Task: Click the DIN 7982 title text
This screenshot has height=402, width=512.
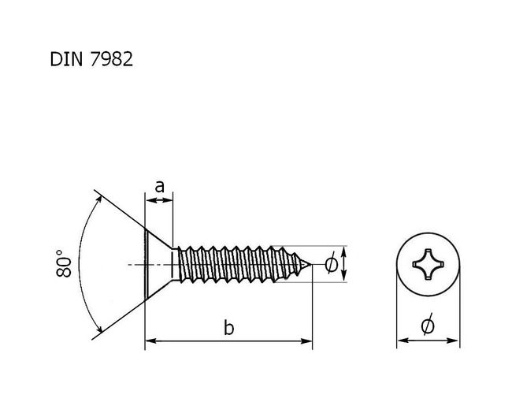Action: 91,59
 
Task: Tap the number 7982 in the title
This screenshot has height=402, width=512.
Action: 111,59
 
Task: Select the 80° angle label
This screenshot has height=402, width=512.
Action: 63,264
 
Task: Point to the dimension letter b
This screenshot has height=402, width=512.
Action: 229,327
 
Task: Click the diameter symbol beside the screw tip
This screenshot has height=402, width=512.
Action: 332,264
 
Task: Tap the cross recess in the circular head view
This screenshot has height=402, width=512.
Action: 428,264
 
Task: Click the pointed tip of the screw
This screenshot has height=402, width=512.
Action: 310,264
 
